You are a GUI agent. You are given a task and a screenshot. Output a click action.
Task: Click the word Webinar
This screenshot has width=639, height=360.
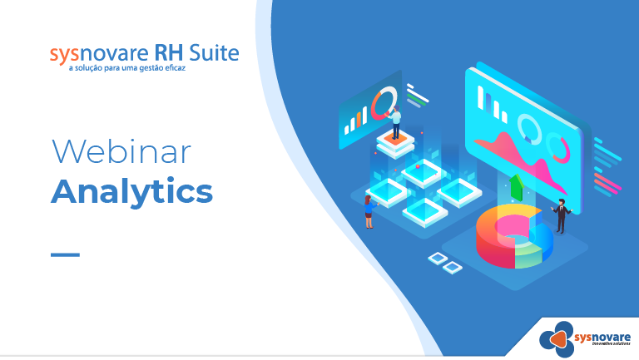[121, 151]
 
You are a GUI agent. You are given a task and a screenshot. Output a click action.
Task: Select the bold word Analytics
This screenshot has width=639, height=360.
[131, 192]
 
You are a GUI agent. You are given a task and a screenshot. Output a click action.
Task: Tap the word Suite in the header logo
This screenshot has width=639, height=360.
[214, 52]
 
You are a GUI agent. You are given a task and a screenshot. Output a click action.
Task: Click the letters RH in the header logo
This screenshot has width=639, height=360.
[168, 52]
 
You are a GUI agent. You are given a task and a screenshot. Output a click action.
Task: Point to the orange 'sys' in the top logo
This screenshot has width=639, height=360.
[64, 55]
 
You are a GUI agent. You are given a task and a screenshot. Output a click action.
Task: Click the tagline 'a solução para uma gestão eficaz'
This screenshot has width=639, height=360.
[127, 68]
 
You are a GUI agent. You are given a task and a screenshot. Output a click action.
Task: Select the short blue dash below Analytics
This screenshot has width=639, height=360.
[65, 255]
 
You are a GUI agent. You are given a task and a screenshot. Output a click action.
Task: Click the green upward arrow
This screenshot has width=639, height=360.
[517, 186]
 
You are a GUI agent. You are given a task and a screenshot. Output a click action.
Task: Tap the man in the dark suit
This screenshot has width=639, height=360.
[562, 216]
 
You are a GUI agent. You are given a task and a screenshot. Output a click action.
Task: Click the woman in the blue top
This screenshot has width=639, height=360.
[369, 212]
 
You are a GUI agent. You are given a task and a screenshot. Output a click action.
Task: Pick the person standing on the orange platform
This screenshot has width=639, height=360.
[395, 122]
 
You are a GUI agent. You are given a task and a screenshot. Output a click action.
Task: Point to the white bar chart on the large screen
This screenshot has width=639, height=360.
[492, 104]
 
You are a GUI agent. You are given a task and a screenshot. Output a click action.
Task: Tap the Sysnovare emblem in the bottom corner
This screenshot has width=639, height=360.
[557, 339]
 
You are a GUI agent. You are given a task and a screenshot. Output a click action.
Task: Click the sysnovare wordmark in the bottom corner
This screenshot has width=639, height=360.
[602, 338]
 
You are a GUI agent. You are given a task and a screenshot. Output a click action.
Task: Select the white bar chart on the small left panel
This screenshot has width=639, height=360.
[356, 121]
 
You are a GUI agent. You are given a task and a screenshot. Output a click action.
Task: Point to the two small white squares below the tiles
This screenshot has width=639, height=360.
[445, 263]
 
